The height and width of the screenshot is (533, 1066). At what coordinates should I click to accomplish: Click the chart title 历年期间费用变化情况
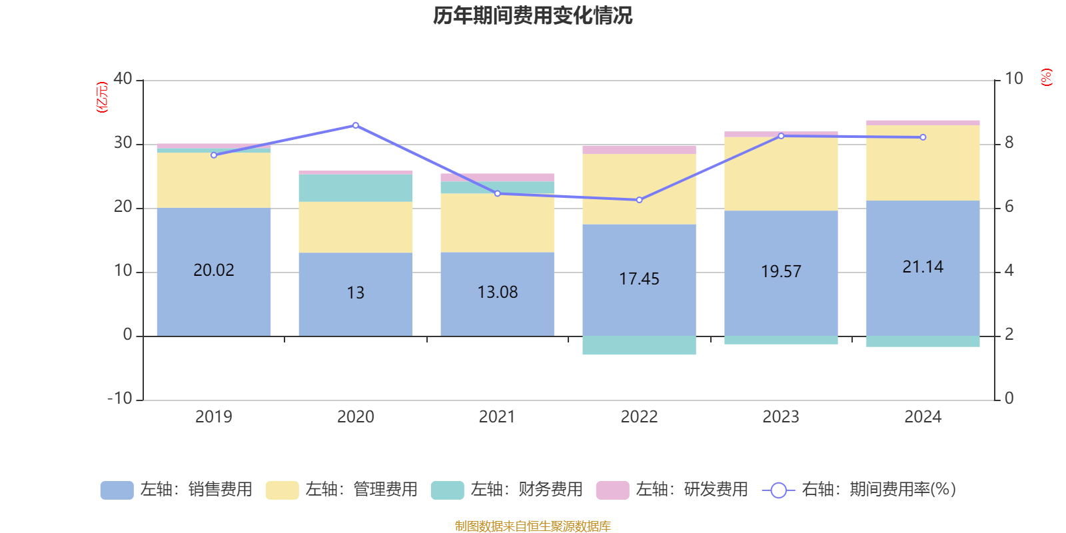[x=532, y=15]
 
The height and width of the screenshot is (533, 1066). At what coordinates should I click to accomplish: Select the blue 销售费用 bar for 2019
[x=213, y=300]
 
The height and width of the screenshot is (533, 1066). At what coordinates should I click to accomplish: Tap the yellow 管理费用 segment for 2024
[x=923, y=163]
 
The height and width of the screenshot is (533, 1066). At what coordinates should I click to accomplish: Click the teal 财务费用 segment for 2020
[x=355, y=188]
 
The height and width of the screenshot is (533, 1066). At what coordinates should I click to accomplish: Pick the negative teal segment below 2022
[x=639, y=345]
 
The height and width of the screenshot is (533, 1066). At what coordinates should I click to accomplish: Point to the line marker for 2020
[x=356, y=125]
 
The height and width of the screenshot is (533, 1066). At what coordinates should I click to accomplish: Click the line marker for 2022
[x=639, y=200]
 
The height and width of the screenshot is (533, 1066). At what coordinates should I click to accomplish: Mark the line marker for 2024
[x=923, y=137]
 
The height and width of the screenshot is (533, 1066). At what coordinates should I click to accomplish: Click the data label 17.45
[x=639, y=279]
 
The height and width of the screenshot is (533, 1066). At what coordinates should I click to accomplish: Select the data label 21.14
[x=923, y=267]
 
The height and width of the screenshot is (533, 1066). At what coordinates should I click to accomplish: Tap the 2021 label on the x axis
[x=497, y=417]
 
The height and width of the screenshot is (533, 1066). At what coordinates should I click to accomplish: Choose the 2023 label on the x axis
[x=781, y=417]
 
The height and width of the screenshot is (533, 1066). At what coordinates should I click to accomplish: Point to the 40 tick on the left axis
[x=123, y=79]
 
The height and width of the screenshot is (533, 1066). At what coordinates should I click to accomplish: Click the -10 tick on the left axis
[x=120, y=398]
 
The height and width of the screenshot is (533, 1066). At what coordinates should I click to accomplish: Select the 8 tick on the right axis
[x=1009, y=143]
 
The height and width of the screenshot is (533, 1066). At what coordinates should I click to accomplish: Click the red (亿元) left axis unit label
[x=102, y=97]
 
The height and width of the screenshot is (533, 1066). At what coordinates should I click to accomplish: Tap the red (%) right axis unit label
[x=1047, y=77]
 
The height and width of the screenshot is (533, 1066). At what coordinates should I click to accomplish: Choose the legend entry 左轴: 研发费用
[x=673, y=490]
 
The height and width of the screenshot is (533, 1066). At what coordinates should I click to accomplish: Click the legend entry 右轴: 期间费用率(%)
[x=859, y=490]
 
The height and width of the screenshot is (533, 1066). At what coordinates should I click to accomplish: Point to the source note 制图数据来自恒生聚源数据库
[x=532, y=526]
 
